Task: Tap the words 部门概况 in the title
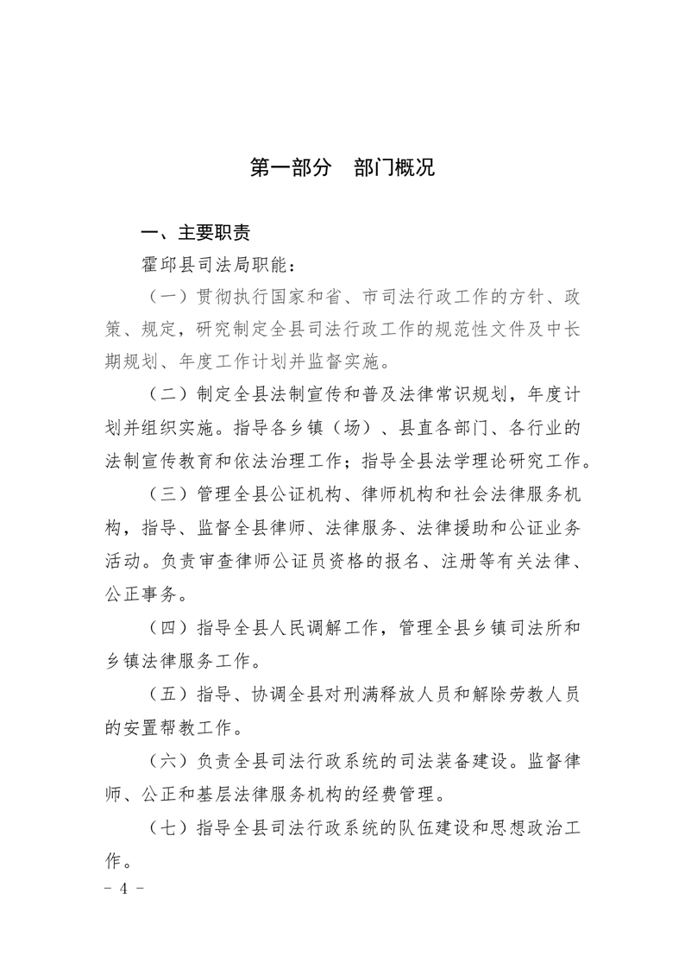click(x=394, y=167)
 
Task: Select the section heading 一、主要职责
click(x=197, y=233)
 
